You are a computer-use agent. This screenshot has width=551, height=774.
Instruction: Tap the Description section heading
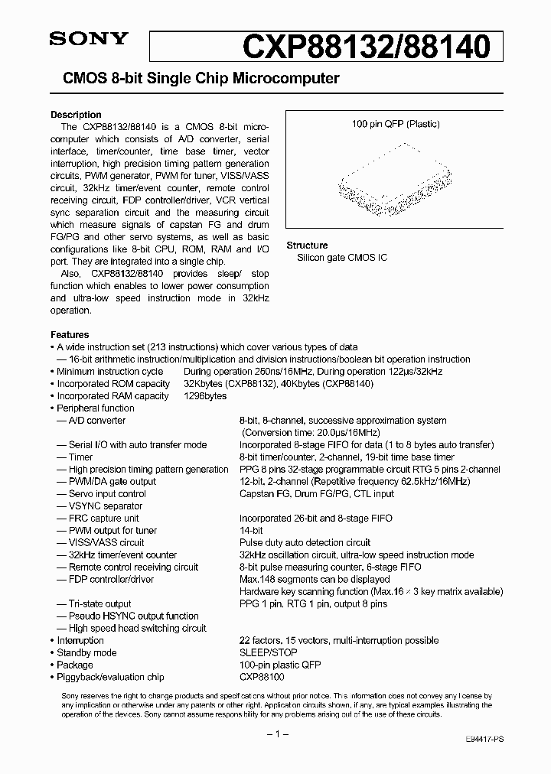click(x=76, y=115)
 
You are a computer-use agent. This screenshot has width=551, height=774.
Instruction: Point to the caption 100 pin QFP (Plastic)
click(x=396, y=124)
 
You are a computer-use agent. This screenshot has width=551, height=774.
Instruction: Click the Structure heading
click(x=307, y=246)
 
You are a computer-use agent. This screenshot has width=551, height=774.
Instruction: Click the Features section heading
click(x=70, y=335)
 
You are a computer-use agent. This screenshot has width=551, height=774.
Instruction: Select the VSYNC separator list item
click(x=106, y=506)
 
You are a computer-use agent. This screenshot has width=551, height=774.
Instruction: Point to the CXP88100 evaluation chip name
click(x=262, y=678)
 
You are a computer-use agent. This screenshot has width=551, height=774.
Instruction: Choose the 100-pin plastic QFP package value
click(x=279, y=665)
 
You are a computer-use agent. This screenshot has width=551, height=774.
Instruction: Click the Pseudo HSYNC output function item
click(x=133, y=616)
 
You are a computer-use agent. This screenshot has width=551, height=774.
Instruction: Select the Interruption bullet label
click(x=80, y=641)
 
